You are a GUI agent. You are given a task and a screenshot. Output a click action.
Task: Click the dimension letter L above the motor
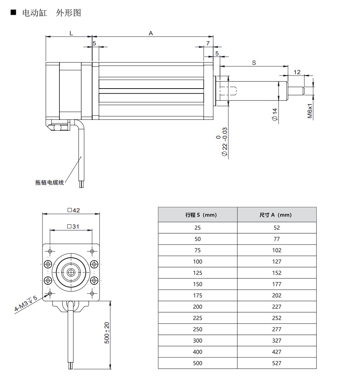point(71,33)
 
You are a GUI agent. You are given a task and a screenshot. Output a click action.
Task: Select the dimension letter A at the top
point(151,33)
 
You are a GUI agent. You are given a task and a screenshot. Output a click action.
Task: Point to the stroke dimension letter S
point(254,63)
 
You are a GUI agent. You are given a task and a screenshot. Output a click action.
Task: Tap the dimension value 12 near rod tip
point(297,72)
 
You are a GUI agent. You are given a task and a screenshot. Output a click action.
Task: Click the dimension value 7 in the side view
point(208,43)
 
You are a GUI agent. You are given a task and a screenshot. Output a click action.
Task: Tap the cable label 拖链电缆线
point(50,183)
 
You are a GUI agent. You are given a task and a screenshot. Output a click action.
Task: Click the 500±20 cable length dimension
point(107,333)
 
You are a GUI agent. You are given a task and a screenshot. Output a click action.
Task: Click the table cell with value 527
point(276,363)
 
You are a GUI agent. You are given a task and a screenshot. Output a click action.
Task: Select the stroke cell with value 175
point(198,295)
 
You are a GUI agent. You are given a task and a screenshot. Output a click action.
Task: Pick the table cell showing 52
point(276,228)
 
